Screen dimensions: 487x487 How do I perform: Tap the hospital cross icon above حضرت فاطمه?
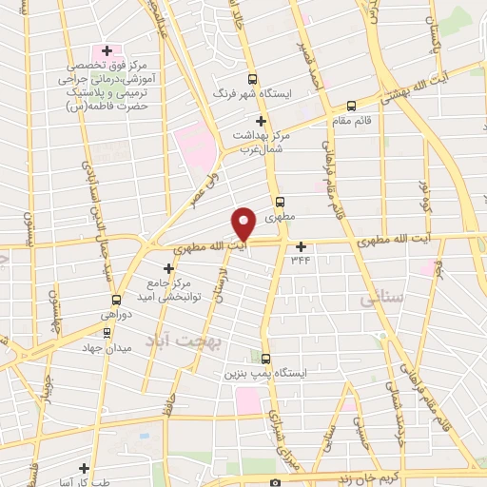[107, 50]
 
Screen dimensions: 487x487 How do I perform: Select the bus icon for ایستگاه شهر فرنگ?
[252, 80]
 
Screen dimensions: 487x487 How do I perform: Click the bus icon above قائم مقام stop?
[351, 106]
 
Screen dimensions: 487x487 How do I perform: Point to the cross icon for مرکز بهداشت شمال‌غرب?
[261, 121]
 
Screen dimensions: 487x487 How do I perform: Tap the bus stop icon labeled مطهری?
[279, 202]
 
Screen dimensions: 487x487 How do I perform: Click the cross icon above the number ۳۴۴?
[302, 246]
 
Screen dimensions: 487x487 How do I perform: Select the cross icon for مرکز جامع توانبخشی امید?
[168, 268]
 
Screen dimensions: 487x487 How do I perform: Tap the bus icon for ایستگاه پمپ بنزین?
[265, 359]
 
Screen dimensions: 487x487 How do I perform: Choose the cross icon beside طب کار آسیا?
[86, 468]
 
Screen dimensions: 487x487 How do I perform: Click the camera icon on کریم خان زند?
[275, 482]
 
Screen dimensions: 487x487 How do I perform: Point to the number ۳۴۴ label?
[302, 259]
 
